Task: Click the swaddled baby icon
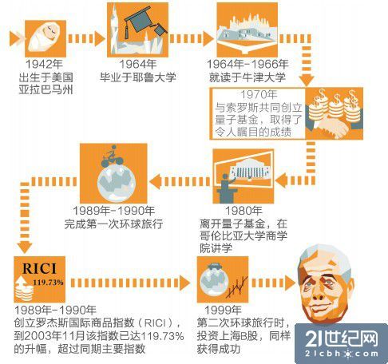[x=45, y=38]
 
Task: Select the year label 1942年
[x=44, y=65]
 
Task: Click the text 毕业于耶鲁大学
[x=138, y=77]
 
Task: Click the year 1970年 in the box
[x=259, y=94]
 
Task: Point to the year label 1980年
[x=243, y=211]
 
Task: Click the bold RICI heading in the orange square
[x=39, y=268]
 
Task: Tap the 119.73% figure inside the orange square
[x=48, y=283]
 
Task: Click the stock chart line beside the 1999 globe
[x=237, y=287]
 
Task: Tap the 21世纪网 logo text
[x=342, y=338]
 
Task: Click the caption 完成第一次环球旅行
[x=113, y=224]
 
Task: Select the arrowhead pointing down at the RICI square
[x=25, y=247]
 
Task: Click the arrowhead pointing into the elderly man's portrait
[x=290, y=283]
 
